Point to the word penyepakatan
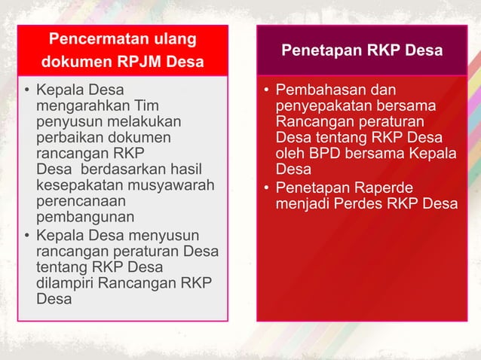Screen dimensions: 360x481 [x=320, y=107]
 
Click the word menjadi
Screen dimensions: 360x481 [x=302, y=203]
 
